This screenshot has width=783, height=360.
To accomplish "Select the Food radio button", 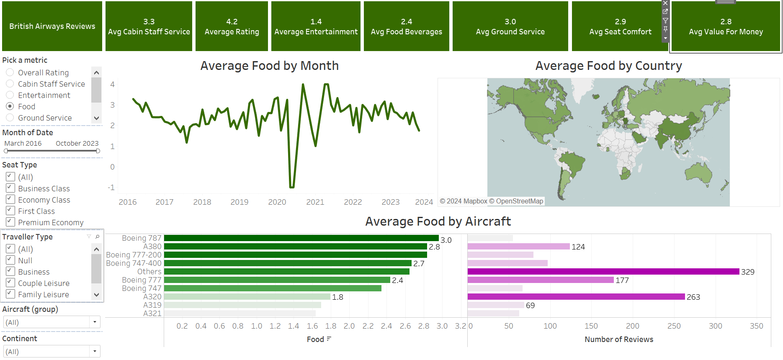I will (x=10, y=106).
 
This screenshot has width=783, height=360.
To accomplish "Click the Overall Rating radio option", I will (x=10, y=72).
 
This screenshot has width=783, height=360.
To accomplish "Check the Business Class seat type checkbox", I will (x=10, y=188).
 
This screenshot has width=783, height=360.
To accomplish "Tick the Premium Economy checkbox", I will (x=10, y=222).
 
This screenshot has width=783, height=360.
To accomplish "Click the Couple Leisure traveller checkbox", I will (x=10, y=283).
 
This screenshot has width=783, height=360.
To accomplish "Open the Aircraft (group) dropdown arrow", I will (x=95, y=322).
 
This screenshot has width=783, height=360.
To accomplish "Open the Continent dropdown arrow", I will (x=95, y=351).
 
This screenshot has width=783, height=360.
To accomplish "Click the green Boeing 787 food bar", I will (x=301, y=238).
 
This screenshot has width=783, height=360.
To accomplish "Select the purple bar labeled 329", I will (x=603, y=272).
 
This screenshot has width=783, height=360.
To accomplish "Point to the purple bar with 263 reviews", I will (x=576, y=297).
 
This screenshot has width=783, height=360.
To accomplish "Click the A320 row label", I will (x=152, y=297).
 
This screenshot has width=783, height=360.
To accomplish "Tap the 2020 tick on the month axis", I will (x=277, y=202).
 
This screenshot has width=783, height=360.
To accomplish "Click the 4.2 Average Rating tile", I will (x=232, y=26).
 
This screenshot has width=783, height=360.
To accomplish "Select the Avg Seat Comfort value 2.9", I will (x=620, y=22).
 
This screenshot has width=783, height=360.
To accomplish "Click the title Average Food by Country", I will (x=608, y=66).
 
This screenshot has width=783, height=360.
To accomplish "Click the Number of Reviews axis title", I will (x=618, y=339).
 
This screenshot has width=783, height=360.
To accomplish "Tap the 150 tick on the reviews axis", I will (x=591, y=326).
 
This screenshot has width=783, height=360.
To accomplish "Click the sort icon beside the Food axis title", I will (x=329, y=339).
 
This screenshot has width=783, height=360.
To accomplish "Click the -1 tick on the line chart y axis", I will (x=111, y=188).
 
